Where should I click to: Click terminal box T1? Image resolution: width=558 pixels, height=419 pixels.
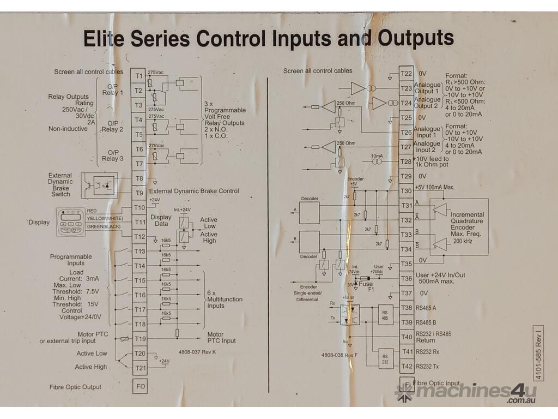click(139, 75)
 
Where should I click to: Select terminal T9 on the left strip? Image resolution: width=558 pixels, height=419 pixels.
click(139, 193)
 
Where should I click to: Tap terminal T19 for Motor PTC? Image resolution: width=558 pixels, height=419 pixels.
click(139, 339)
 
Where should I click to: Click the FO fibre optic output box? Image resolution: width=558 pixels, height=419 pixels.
click(139, 386)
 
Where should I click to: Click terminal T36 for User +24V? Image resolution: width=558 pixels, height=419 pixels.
click(407, 279)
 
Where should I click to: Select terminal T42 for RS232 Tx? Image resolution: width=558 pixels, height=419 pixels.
click(407, 367)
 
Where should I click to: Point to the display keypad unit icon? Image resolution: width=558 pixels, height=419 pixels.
click(71, 222)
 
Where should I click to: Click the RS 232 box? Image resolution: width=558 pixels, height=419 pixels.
click(385, 358)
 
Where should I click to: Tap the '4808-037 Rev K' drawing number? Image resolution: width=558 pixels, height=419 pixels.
click(197, 352)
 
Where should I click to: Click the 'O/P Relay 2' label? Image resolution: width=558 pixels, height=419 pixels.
click(112, 127)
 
